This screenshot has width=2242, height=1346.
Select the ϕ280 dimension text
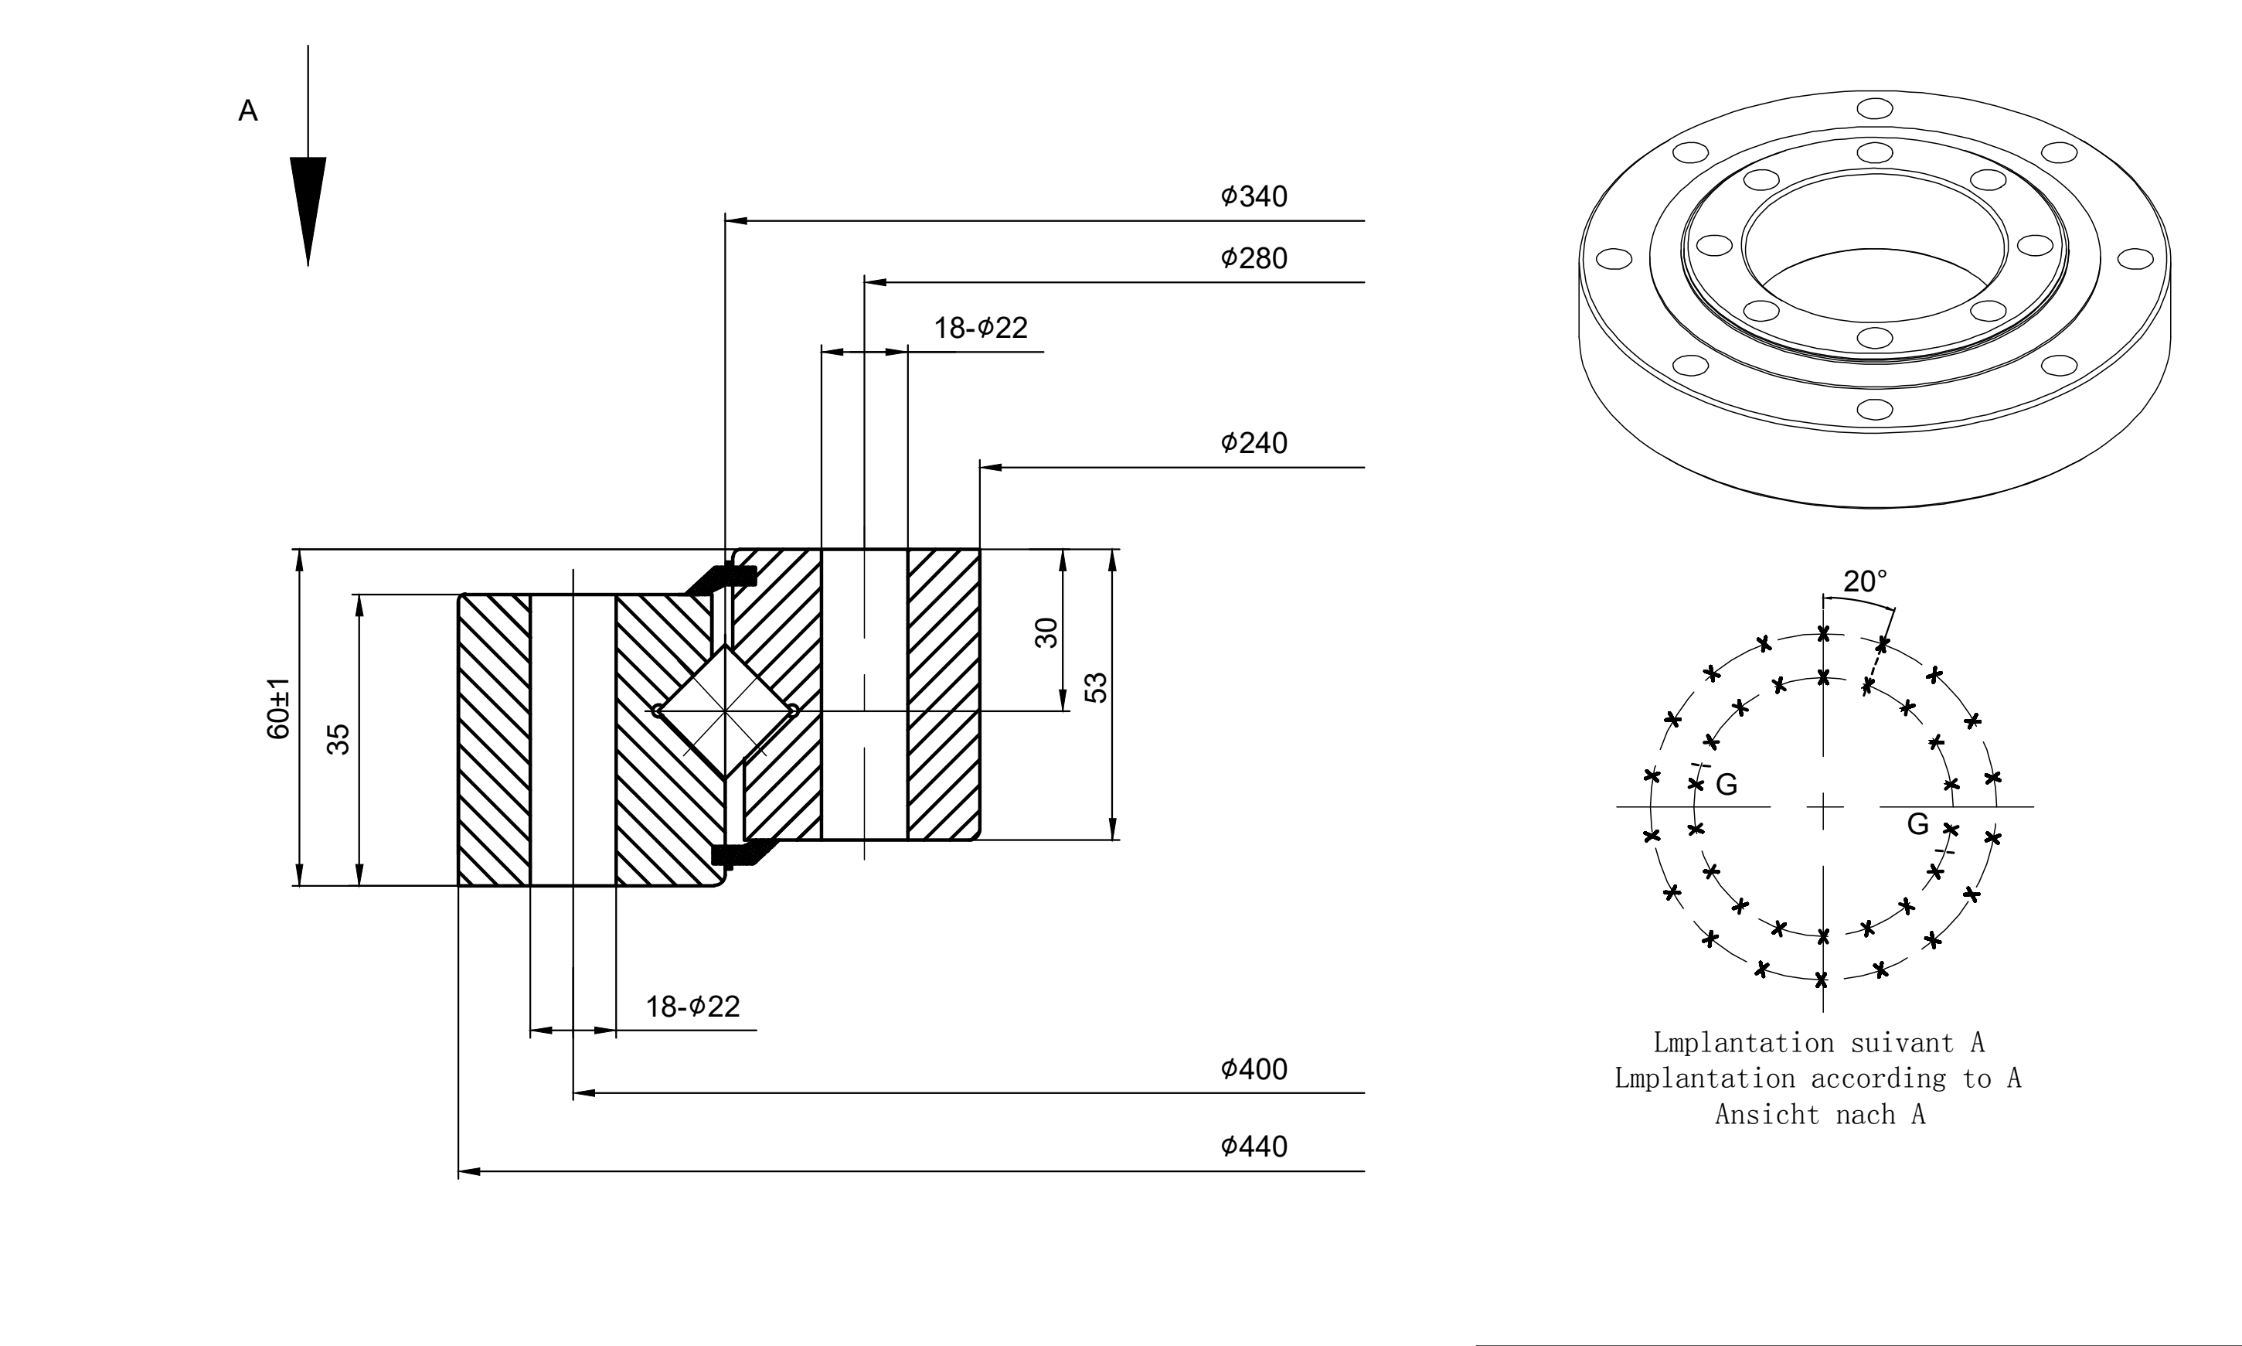click(1254, 258)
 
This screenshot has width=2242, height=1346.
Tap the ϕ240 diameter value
click(1254, 444)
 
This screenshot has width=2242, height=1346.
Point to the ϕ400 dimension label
click(1254, 1069)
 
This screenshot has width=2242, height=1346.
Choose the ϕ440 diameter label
click(1254, 1147)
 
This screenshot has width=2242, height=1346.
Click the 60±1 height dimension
click(278, 708)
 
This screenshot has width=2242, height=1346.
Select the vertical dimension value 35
click(339, 739)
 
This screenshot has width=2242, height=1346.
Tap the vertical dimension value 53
click(1096, 687)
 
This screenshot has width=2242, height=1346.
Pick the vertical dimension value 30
click(1046, 633)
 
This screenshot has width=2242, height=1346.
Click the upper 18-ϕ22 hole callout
click(981, 328)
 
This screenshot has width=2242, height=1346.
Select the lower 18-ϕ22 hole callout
click(692, 1007)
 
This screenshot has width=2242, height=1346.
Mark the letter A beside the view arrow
click(247, 111)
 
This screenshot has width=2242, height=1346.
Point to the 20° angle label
click(1865, 581)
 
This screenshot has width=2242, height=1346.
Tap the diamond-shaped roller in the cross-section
click(725, 711)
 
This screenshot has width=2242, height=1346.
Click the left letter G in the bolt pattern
click(1727, 785)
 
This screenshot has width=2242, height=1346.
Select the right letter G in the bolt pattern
click(1917, 824)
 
